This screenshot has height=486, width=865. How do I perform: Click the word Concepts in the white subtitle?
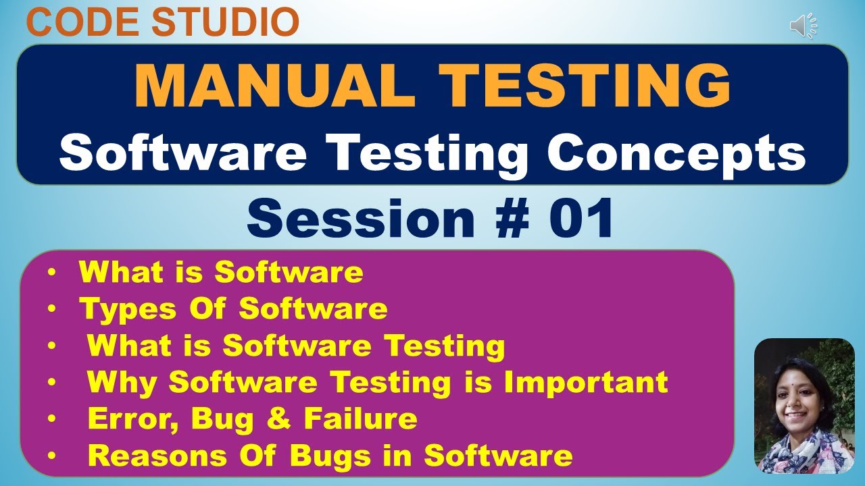click(x=676, y=153)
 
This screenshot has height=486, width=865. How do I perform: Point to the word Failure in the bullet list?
click(x=360, y=419)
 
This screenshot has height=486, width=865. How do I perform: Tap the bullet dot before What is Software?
click(x=53, y=273)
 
